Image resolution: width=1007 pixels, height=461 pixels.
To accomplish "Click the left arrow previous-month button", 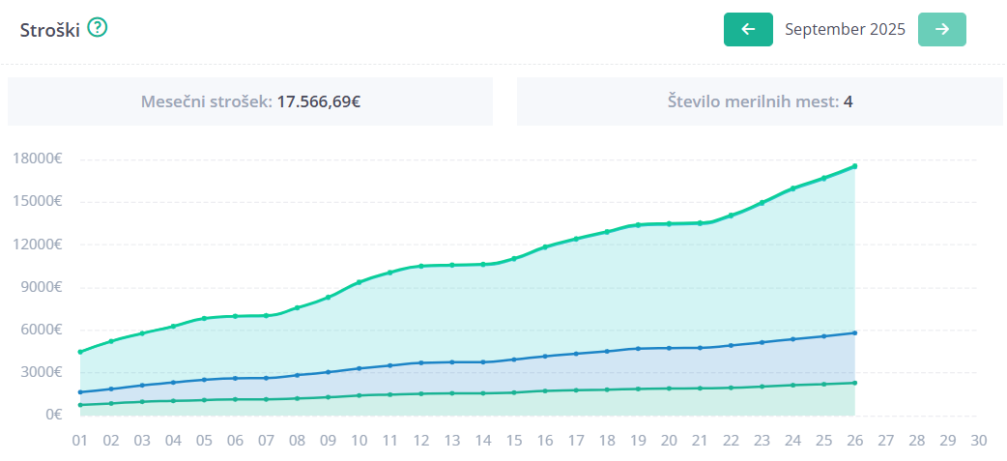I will pyautogui.click(x=748, y=29).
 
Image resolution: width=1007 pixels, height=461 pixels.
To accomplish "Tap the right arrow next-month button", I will pyautogui.click(x=942, y=29).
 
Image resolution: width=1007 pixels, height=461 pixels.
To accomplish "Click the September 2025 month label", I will pyautogui.click(x=845, y=29).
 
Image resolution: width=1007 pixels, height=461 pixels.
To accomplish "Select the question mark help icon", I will pyautogui.click(x=98, y=28).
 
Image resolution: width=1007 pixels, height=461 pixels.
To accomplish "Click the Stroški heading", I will pyautogui.click(x=49, y=29).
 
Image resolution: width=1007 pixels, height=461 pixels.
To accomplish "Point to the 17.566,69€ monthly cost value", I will pyautogui.click(x=319, y=101).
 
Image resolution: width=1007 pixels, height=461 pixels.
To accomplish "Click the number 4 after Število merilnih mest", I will pyautogui.click(x=848, y=101).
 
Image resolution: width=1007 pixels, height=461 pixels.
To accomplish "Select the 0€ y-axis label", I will pyautogui.click(x=54, y=415).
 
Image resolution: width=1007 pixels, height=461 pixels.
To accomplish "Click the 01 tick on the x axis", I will pyautogui.click(x=80, y=440).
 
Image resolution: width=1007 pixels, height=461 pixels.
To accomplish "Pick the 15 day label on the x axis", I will pyautogui.click(x=514, y=440).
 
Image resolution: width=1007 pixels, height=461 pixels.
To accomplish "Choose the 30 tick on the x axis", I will pyautogui.click(x=979, y=440).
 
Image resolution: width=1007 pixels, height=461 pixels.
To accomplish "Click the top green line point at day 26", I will pyautogui.click(x=855, y=166).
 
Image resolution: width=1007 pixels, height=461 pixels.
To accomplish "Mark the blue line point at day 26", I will pyautogui.click(x=855, y=332).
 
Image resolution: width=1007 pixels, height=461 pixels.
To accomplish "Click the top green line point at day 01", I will pyautogui.click(x=80, y=352).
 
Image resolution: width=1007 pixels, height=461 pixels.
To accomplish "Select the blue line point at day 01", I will pyautogui.click(x=80, y=392).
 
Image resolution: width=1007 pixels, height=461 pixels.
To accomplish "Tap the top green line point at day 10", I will pyautogui.click(x=360, y=282).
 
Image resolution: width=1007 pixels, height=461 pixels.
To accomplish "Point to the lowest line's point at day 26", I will pyautogui.click(x=855, y=383).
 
